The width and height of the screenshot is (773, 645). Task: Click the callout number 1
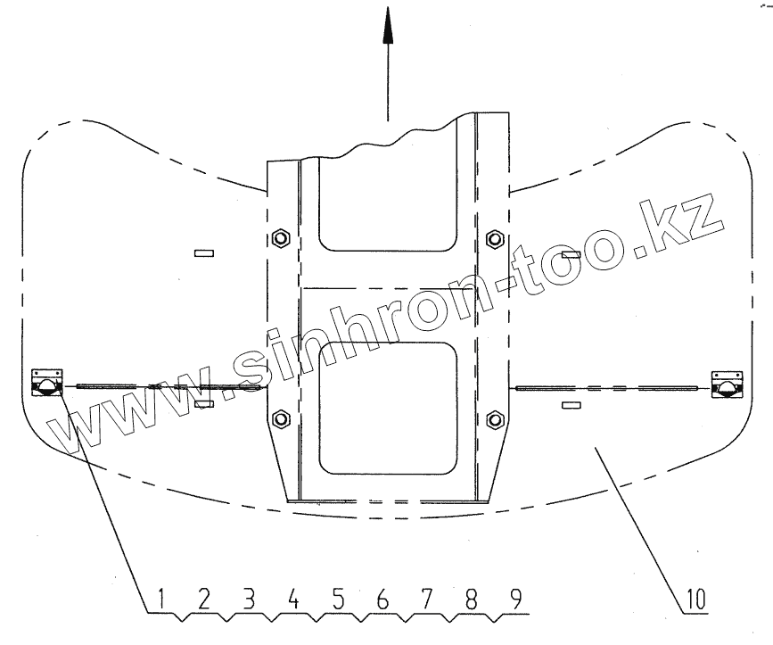tap(161, 599)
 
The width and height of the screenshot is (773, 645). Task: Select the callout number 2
tap(204, 599)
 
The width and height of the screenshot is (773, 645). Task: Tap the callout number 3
tap(249, 599)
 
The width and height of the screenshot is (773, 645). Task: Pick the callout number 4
tap(293, 599)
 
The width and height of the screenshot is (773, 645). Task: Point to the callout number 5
tap(338, 599)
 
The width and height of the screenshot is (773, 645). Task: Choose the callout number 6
tap(382, 599)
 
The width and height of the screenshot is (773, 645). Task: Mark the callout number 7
tap(427, 599)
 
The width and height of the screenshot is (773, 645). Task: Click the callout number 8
tap(472, 599)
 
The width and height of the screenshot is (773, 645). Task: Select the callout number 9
tap(515, 599)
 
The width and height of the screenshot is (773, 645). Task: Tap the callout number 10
tap(695, 599)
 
